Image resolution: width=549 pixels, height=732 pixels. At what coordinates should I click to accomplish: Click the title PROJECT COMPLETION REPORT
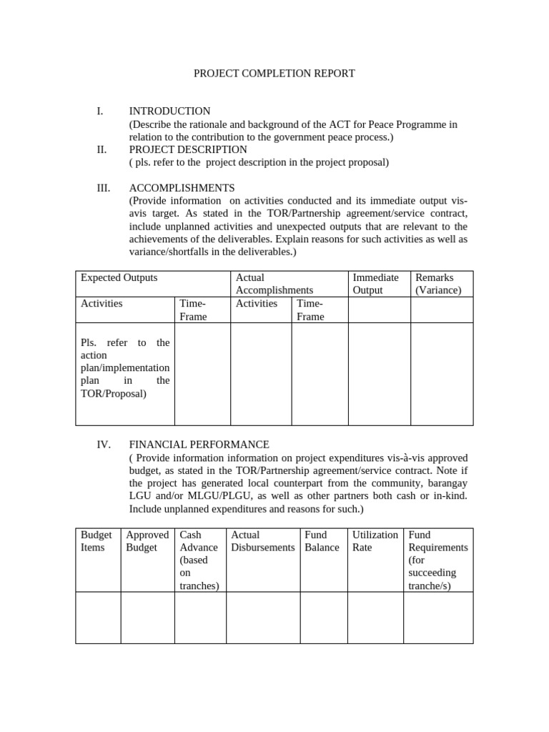[x=274, y=74]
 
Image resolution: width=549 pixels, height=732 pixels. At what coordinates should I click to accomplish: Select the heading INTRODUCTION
[x=169, y=112]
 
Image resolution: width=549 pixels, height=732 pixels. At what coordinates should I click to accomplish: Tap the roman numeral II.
[x=101, y=149]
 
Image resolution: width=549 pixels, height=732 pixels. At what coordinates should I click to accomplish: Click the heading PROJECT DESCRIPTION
[x=188, y=149]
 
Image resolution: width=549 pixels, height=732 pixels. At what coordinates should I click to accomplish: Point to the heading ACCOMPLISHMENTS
[x=182, y=188]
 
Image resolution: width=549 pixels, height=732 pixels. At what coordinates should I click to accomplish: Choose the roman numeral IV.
[x=103, y=445]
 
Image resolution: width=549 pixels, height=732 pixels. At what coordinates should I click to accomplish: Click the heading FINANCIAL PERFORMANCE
[x=199, y=445]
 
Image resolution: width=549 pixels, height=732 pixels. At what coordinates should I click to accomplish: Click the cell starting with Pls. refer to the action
[x=125, y=368]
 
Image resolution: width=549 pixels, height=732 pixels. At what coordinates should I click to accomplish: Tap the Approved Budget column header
[x=147, y=541]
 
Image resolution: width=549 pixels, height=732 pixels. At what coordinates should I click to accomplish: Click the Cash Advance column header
[x=200, y=560]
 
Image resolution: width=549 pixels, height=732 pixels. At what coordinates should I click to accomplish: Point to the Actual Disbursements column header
[x=263, y=541]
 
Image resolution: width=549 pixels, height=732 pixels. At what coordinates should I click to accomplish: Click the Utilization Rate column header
[x=375, y=541]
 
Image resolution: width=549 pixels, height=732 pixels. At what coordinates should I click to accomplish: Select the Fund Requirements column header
[x=437, y=560]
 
